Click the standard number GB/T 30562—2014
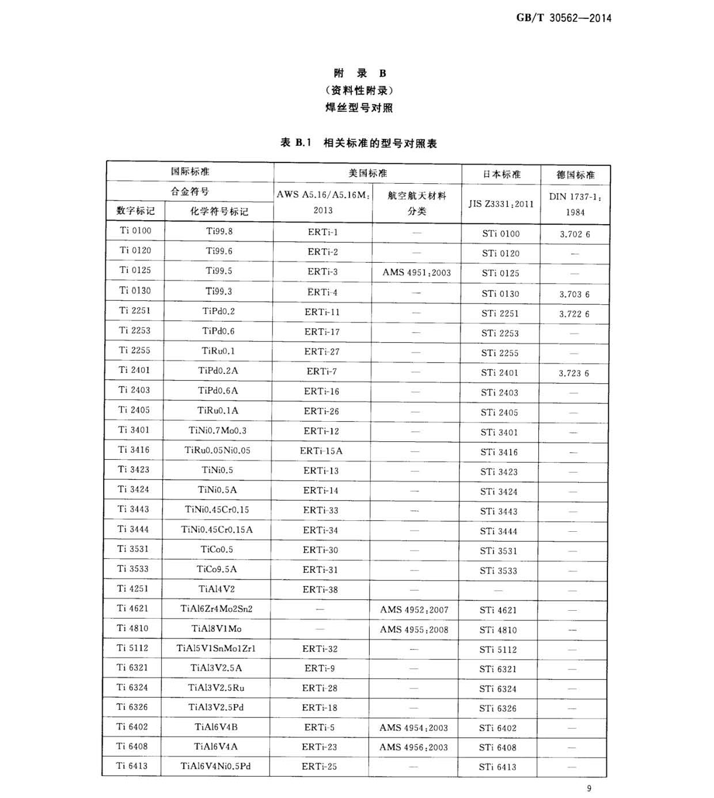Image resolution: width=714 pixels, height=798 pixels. [563, 18]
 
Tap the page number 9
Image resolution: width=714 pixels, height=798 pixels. [588, 788]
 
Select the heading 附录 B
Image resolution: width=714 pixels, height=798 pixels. [360, 73]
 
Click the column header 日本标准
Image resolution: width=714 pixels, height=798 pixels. [501, 174]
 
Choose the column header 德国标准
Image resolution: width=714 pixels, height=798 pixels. [575, 175]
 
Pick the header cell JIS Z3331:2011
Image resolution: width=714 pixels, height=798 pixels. [501, 203]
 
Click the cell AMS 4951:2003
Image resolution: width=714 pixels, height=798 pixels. [416, 273]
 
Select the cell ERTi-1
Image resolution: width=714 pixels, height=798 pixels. [322, 232]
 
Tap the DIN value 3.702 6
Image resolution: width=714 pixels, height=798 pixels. [575, 235]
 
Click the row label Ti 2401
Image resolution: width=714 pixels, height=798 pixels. [134, 370]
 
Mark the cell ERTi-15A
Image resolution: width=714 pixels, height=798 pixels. [321, 451]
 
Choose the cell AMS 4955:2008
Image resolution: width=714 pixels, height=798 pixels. [414, 629]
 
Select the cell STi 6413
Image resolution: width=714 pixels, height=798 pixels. [497, 767]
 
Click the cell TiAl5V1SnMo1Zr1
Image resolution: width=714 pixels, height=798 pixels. [216, 648]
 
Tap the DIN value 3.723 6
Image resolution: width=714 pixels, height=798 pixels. [574, 373]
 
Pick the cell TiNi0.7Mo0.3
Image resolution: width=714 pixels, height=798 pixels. [218, 430]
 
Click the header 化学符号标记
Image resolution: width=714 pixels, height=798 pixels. [219, 211]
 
